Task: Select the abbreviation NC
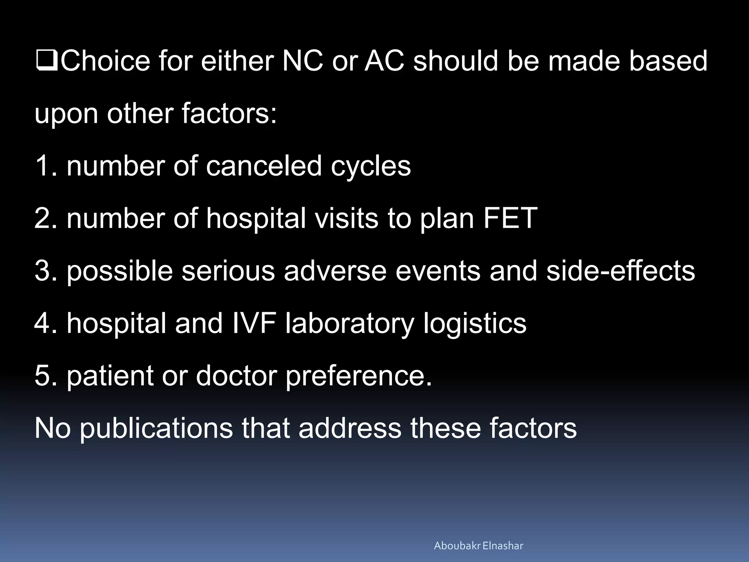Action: (x=302, y=61)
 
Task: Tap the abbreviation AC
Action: (x=385, y=61)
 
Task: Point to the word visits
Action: (x=346, y=218)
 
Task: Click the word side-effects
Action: (x=620, y=271)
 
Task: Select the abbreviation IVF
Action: (x=253, y=323)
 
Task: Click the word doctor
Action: (x=236, y=376)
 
